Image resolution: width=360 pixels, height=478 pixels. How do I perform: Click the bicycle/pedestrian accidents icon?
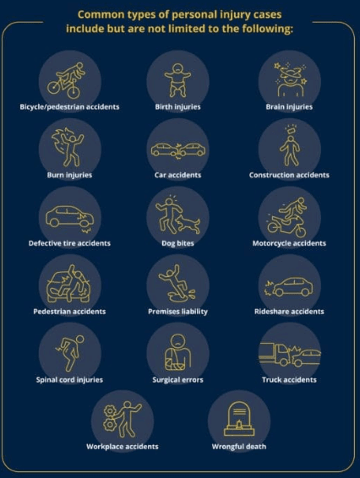pyautogui.click(x=69, y=78)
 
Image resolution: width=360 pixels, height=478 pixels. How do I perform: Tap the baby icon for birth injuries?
pyautogui.click(x=177, y=78)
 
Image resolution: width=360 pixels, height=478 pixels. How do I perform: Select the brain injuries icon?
pyautogui.click(x=289, y=78)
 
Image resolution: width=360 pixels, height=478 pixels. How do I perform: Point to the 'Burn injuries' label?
pyautogui.click(x=69, y=175)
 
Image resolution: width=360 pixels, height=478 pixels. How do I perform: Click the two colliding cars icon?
pyautogui.click(x=177, y=149)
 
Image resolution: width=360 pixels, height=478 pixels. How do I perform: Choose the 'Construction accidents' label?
pyautogui.click(x=289, y=175)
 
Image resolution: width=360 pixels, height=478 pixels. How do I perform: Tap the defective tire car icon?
pyautogui.click(x=69, y=216)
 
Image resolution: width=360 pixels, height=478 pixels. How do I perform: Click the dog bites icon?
pyautogui.click(x=177, y=216)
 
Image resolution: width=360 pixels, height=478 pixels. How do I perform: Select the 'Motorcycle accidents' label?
pyautogui.click(x=289, y=243)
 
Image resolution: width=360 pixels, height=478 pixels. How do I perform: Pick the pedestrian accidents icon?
pyautogui.click(x=69, y=285)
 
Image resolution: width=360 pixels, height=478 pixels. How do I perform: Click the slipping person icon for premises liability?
pyautogui.click(x=177, y=285)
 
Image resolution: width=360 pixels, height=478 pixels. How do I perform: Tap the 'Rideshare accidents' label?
pyautogui.click(x=289, y=312)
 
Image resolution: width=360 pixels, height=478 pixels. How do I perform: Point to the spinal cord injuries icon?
pyautogui.click(x=69, y=353)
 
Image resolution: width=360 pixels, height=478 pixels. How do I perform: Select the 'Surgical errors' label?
pyautogui.click(x=177, y=380)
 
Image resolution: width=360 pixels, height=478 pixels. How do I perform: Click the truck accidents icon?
pyautogui.click(x=289, y=353)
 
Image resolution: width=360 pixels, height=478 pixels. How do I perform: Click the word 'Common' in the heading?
pyautogui.click(x=101, y=14)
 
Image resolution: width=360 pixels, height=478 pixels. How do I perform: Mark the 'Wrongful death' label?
pyautogui.click(x=238, y=446)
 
